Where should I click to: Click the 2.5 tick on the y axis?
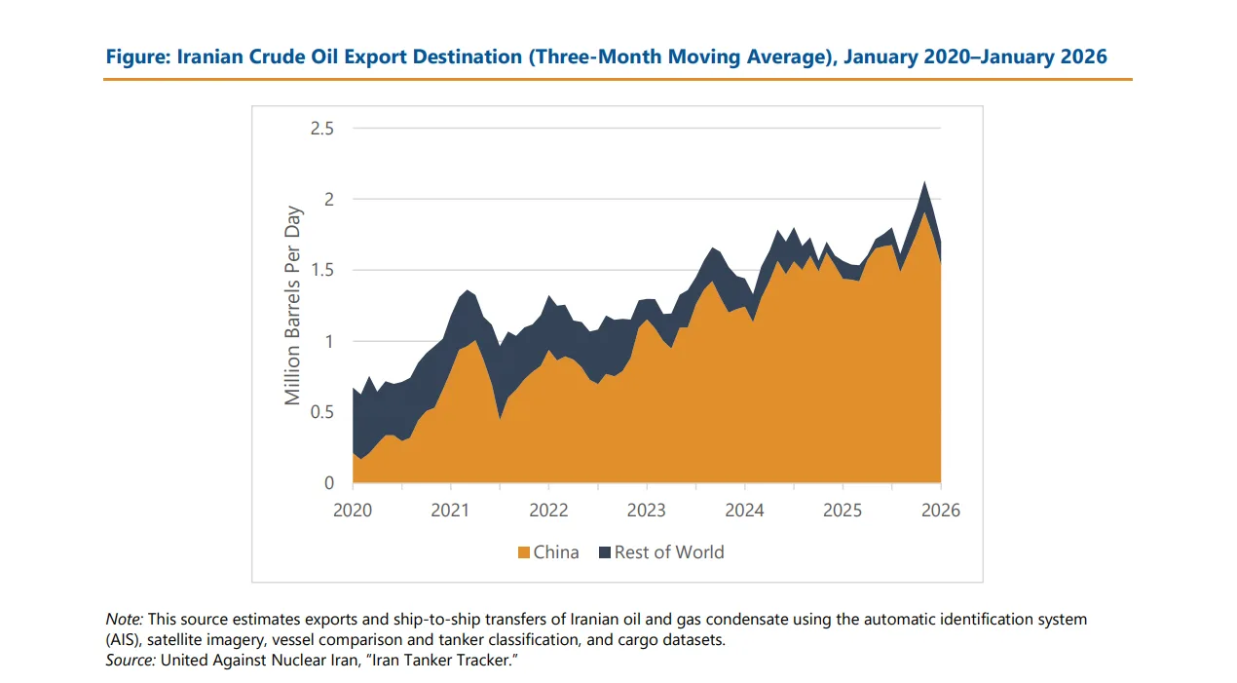point(321,129)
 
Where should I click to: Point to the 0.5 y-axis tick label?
point(321,412)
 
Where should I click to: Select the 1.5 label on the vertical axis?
point(321,270)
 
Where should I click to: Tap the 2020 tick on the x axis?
point(353,511)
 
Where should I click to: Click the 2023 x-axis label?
point(647,511)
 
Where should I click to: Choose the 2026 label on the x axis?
point(941,511)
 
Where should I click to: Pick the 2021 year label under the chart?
point(451,511)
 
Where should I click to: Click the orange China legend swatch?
point(524,552)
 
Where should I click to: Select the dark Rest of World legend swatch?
point(605,552)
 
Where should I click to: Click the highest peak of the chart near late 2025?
point(923,182)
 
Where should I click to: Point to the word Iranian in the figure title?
point(207,57)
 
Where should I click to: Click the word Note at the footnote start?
point(124,619)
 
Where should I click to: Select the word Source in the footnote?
point(131,661)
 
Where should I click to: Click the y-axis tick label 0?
point(328,483)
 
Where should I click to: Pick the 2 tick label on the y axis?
point(328,200)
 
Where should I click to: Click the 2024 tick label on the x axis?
point(744,511)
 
